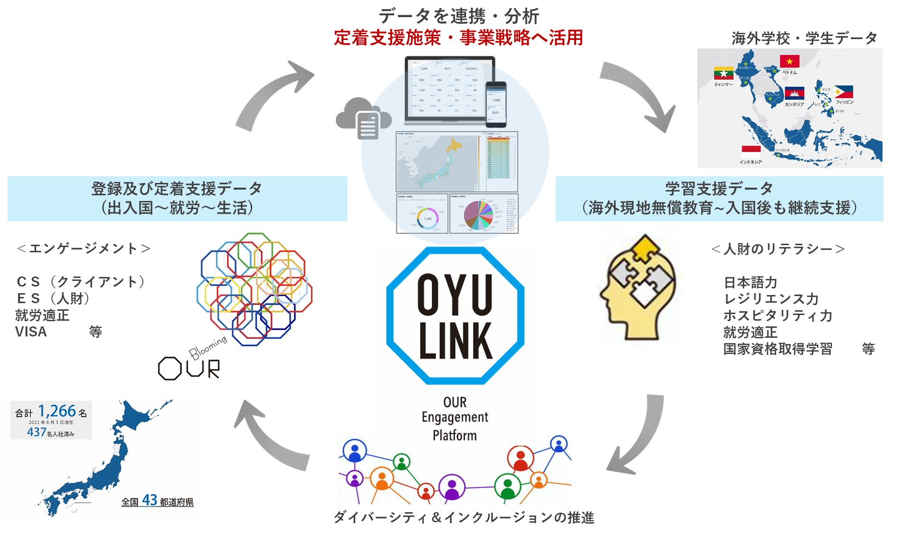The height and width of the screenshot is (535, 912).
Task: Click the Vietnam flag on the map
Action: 789,61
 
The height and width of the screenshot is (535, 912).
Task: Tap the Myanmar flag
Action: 723,73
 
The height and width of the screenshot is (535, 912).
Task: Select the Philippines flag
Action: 844,92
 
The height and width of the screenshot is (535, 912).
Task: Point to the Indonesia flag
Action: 751,152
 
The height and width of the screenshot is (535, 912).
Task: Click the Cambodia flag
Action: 795,94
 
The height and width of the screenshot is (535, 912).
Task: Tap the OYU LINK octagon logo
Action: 455,315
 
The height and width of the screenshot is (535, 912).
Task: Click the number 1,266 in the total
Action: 57,411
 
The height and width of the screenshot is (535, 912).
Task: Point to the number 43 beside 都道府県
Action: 150,500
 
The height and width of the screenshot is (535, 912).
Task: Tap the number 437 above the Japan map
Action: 37,432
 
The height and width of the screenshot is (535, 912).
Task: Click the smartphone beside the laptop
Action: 496,104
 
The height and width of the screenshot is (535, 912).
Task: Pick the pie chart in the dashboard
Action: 478,215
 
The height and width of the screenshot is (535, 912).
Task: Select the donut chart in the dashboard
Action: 427,218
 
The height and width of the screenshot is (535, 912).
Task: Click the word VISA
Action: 31,332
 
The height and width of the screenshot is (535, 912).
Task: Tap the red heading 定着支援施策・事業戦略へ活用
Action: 458,38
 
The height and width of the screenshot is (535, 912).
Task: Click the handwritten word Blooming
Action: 208,347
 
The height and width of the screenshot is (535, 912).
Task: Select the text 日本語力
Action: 750,283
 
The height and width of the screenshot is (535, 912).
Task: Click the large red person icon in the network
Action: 521,458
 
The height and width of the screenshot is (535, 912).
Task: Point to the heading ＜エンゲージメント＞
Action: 84,248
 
